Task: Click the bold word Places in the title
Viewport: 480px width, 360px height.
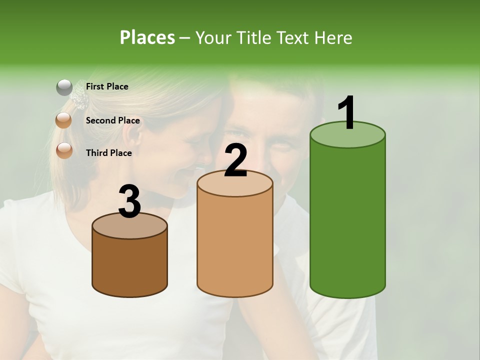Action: point(147,37)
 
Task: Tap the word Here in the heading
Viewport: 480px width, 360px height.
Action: point(334,37)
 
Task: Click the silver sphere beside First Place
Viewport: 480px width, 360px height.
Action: point(64,87)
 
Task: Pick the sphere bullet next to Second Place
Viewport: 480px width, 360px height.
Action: point(64,120)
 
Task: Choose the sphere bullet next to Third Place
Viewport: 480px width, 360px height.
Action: point(64,150)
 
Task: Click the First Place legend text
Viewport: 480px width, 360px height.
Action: point(107,86)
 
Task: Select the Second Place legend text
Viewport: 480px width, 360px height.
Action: point(112,120)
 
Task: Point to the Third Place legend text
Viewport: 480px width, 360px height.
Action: point(108,153)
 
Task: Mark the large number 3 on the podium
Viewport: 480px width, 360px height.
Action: point(130,201)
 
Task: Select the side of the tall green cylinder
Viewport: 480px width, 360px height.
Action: point(347,220)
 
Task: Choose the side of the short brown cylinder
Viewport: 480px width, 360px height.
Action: point(130,265)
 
